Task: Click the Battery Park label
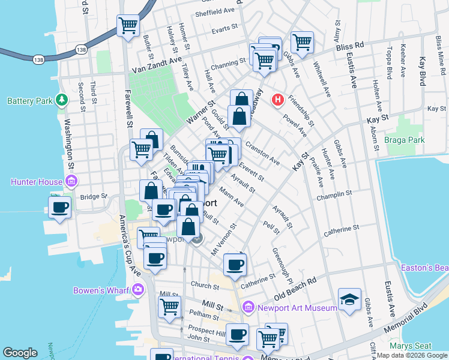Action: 30,101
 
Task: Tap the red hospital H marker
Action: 277,99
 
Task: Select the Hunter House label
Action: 37,182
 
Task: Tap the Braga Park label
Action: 404,140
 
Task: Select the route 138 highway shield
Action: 39,59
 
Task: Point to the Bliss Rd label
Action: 350,45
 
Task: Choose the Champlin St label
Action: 336,194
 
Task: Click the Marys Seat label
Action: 411,346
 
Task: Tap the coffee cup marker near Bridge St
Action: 59,208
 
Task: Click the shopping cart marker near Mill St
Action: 169,306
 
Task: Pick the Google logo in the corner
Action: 20,353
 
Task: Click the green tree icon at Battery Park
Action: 61,99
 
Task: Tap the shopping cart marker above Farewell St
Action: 128,25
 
